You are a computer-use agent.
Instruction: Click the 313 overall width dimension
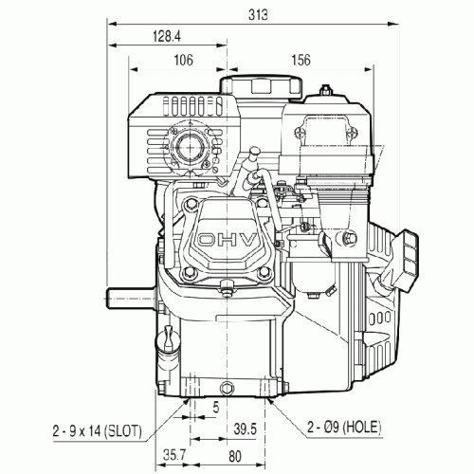tap(258, 15)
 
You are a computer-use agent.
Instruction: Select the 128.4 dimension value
tap(167, 36)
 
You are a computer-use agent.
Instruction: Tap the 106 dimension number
tap(183, 60)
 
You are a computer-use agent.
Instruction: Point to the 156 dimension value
tap(301, 60)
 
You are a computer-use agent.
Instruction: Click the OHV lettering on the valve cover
tap(227, 241)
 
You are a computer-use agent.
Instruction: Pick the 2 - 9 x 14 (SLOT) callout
tap(98, 431)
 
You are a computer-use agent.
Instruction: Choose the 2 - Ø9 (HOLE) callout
tap(344, 428)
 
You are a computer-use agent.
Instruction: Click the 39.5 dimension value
tap(246, 429)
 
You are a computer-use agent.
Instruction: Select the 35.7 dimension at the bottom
tap(174, 455)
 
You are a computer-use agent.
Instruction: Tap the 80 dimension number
tap(235, 457)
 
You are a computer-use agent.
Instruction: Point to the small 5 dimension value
tap(216, 408)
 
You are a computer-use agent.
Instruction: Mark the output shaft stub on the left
tap(130, 298)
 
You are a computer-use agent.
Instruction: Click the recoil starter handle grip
tap(406, 261)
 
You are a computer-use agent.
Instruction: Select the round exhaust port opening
tap(190, 147)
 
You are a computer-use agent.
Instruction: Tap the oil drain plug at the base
tap(228, 387)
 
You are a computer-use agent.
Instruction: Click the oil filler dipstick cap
tap(168, 339)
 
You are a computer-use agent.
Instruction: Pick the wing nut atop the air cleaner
tap(325, 90)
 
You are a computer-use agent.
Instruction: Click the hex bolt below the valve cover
tap(227, 289)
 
